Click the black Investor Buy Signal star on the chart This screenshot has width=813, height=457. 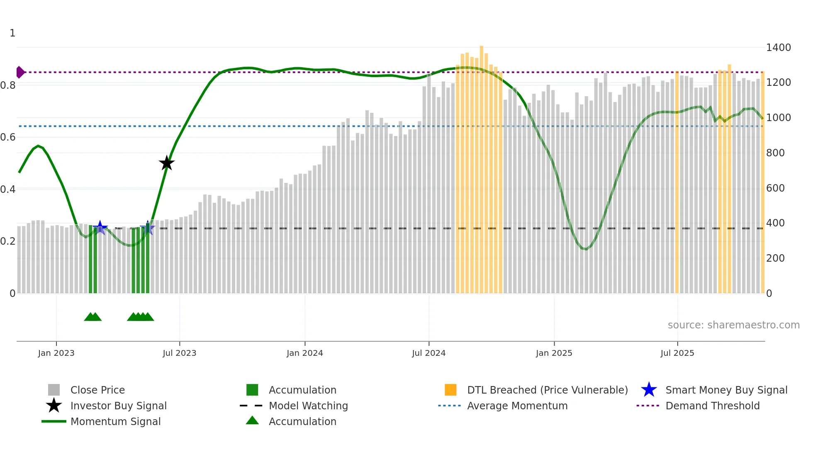point(167,163)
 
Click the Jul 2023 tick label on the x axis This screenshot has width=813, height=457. point(179,353)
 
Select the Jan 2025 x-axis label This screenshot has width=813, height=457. point(554,353)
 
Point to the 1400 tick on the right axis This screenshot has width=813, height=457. point(778,48)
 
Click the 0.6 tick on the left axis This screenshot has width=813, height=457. point(8,137)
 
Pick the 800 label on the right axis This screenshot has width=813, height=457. point(775,153)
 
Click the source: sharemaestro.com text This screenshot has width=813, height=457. point(733,325)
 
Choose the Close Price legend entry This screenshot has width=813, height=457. point(97,390)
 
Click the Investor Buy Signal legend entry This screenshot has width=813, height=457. point(118,406)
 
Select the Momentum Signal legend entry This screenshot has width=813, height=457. point(115,422)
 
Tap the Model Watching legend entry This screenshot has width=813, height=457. point(308,406)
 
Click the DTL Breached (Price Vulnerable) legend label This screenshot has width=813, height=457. point(547,390)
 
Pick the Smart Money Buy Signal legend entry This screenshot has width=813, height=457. point(726,390)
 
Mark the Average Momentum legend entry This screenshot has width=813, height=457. point(517,406)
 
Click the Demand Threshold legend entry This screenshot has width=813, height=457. point(712,406)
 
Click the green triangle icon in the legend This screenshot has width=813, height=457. point(252,421)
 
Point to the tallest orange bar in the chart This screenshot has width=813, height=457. point(482,166)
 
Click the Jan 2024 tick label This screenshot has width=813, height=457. point(304,353)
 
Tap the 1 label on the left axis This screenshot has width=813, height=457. point(12,33)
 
